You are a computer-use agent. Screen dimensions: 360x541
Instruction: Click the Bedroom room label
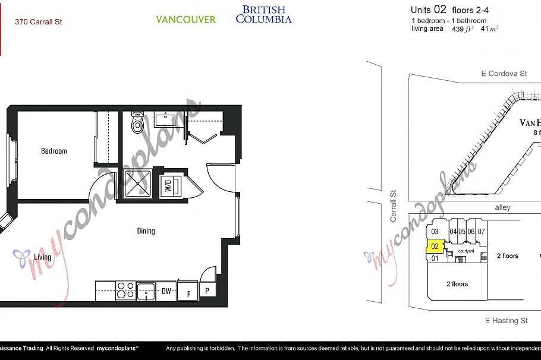point(54,151)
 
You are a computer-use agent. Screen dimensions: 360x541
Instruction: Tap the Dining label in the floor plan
point(146,230)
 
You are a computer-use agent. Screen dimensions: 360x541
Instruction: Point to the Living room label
point(42,257)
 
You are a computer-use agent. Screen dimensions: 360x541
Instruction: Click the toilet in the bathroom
point(138,123)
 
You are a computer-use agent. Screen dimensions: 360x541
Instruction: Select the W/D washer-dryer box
point(168,185)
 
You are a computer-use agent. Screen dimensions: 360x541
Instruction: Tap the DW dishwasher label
point(167,291)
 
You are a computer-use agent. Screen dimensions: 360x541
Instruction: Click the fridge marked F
point(188,292)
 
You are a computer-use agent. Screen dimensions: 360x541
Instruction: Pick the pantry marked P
point(207,291)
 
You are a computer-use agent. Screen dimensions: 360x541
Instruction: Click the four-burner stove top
point(125,290)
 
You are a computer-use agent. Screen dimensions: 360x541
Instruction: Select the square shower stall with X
point(139,185)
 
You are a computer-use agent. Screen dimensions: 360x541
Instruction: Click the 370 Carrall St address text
point(39,22)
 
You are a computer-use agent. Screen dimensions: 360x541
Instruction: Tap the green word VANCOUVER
point(185,20)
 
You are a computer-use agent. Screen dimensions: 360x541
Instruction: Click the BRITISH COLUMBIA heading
point(263,14)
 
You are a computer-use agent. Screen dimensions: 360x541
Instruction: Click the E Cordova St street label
point(504,74)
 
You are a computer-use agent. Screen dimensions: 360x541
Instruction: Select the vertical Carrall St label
point(393,206)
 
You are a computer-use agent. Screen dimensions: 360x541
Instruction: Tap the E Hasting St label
point(506,321)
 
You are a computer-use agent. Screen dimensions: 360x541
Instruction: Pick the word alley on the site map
point(502,208)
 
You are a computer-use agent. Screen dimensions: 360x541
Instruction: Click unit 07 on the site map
point(481,232)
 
